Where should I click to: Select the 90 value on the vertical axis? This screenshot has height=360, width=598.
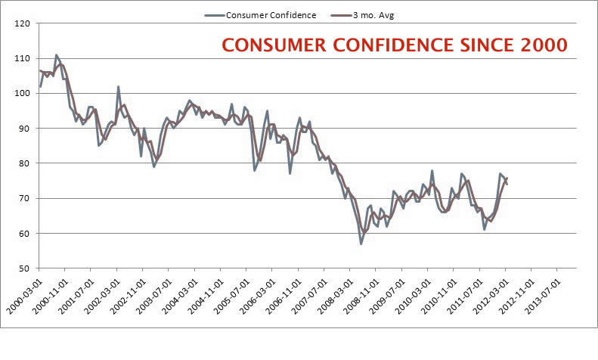point(22,129)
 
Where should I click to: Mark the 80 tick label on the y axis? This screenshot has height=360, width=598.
point(22,163)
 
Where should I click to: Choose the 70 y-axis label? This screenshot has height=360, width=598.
point(22,198)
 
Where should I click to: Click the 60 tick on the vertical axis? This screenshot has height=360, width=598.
point(22,233)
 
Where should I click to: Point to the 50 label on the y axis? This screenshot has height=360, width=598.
point(22,268)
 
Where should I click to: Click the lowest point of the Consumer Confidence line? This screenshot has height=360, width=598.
point(361,244)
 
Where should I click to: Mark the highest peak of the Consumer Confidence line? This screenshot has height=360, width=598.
point(56,55)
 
